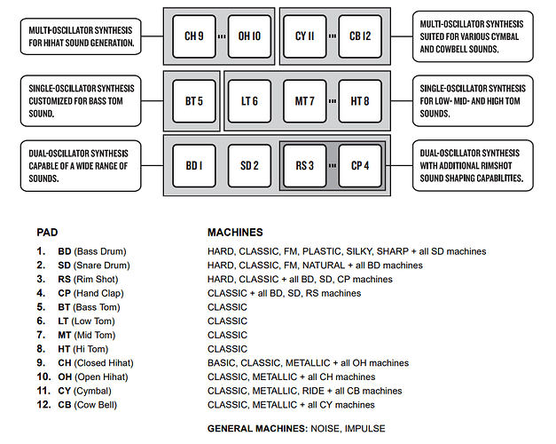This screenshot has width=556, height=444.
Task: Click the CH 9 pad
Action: [194, 36]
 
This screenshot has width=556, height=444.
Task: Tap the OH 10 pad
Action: [249, 36]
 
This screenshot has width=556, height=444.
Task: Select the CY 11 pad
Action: [304, 36]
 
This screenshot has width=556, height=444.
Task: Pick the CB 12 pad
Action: [360, 36]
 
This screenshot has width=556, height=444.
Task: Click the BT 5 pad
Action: [194, 101]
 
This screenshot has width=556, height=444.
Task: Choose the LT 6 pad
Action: [249, 101]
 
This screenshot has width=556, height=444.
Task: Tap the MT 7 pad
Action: [304, 101]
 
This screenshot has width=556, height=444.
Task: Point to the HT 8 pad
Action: [360, 101]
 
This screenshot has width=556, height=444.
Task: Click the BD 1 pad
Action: [194, 166]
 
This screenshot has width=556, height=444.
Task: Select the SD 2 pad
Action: [249, 166]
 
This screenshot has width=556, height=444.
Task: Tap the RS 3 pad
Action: [304, 166]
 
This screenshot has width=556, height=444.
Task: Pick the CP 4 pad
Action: [360, 166]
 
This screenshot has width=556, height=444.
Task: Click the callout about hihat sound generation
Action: [81, 36]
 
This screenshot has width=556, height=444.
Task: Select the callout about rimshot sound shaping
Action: [473, 165]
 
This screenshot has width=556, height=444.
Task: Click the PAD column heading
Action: [47, 233]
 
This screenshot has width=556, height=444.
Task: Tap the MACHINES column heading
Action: [235, 233]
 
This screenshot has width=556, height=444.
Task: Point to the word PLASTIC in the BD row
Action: [322, 251]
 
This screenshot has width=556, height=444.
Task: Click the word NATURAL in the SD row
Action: [323, 266]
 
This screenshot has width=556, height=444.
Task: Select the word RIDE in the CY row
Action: [313, 391]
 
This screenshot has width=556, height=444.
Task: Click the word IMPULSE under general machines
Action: [364, 428]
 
